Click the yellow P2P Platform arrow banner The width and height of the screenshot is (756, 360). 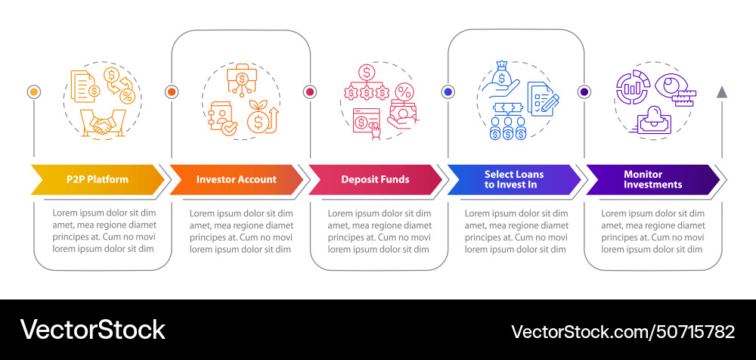(x=96, y=180)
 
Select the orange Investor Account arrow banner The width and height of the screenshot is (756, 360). (x=236, y=180)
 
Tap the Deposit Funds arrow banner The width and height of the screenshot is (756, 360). (x=375, y=180)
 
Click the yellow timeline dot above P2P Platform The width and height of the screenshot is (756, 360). (x=33, y=92)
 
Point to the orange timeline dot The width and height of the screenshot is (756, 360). (x=172, y=92)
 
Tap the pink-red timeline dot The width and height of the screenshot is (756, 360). (x=309, y=92)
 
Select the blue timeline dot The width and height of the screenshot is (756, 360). (x=448, y=92)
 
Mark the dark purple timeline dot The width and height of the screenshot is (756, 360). (x=584, y=92)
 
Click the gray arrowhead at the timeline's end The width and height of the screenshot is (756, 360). (x=722, y=92)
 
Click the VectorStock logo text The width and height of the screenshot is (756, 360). (x=92, y=330)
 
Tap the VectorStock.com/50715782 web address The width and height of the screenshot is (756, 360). (x=623, y=331)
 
